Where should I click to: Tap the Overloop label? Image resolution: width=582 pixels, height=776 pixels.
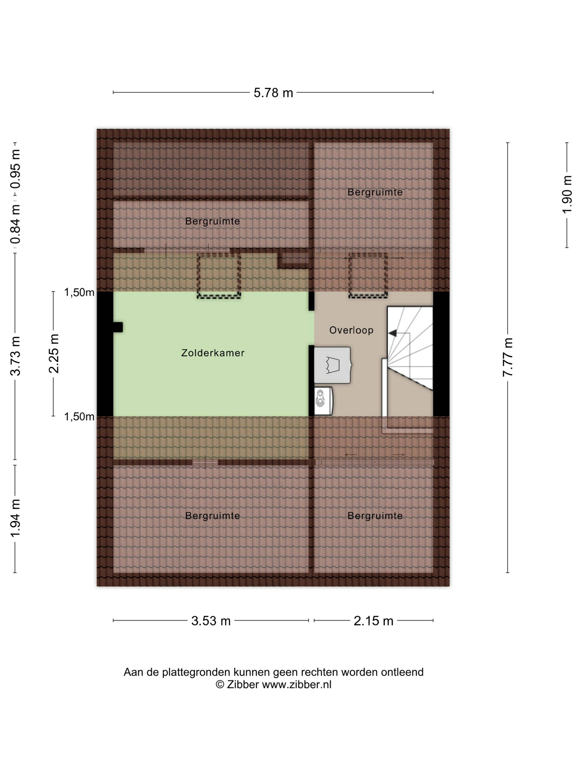click(x=351, y=330)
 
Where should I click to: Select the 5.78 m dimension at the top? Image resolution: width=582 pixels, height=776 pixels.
click(x=273, y=93)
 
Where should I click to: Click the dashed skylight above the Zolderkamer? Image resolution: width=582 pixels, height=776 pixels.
click(x=219, y=276)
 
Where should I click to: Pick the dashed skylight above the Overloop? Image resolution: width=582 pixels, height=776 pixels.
click(x=368, y=276)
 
